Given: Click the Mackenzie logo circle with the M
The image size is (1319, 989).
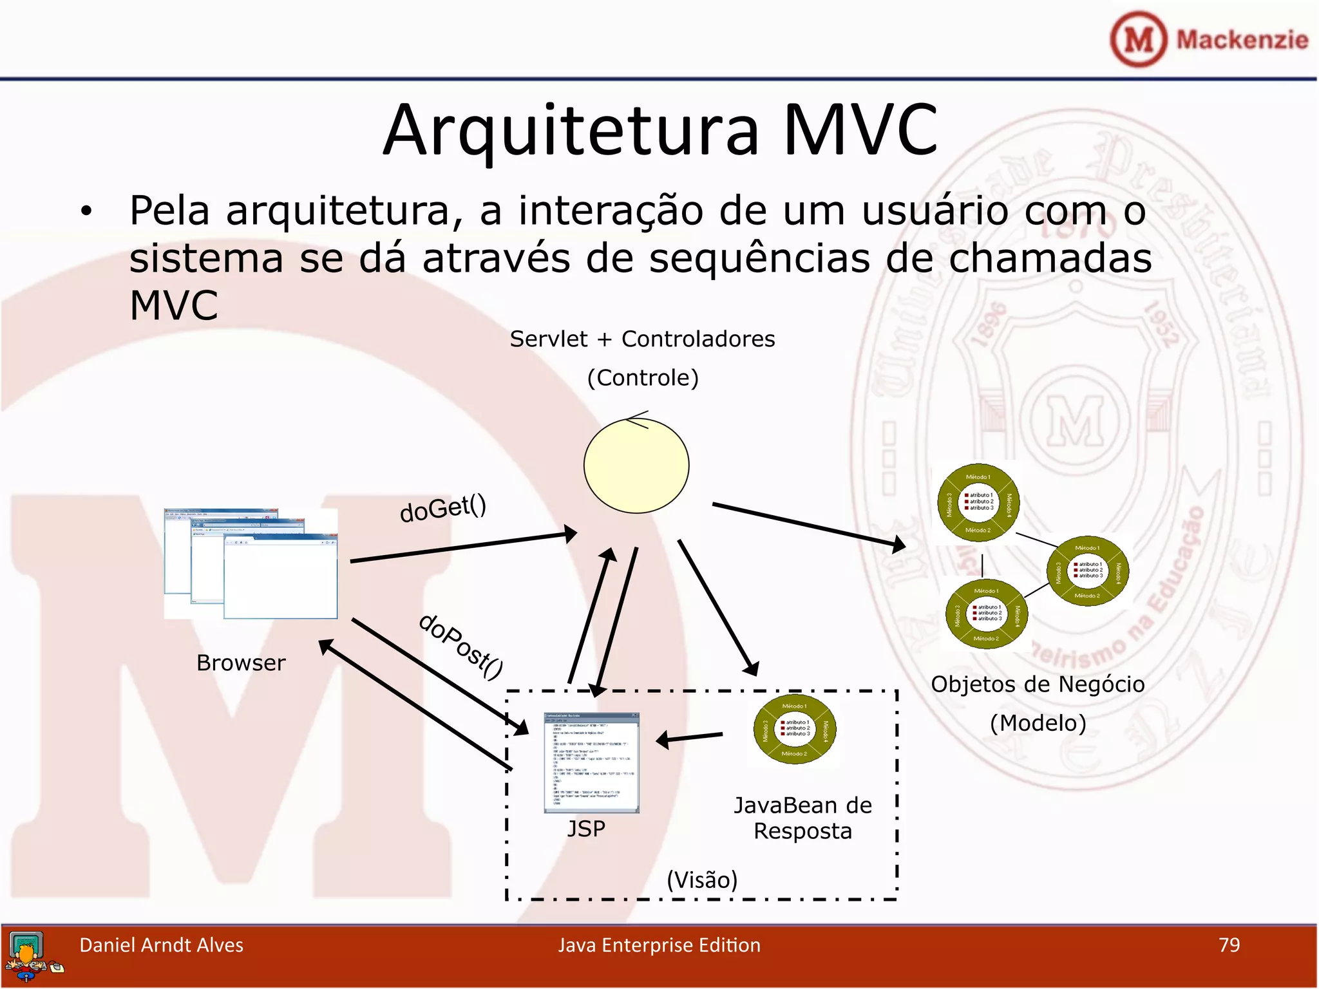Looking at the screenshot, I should point(1138,39).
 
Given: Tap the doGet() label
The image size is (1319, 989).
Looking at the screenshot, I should point(443,508).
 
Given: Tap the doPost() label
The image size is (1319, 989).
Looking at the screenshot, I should point(460,646).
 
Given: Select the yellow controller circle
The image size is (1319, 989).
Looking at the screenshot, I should point(636,466).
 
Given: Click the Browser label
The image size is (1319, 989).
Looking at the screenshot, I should point(241,663).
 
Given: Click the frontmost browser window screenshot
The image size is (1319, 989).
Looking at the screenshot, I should point(281,578).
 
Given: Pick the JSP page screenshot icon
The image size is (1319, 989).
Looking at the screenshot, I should point(591,762).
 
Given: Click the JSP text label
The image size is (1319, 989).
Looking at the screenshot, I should point(586,829).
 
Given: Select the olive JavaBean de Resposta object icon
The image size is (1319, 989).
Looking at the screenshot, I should point(795,730).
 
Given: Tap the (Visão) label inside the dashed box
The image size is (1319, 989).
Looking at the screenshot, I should point(702,880).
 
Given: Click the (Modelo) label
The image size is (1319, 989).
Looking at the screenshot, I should point(1038,723).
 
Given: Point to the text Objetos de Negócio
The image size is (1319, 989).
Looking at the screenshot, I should point(1038,684).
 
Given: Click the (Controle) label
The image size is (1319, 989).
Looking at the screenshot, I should point(643,377).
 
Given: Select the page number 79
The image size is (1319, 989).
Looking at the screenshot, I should point(1229,945).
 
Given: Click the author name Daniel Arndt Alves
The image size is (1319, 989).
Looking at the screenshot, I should point(161,945).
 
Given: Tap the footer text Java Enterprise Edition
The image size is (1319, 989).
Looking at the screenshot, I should point(659,945).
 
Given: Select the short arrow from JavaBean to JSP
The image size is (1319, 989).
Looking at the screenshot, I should point(689,738).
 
